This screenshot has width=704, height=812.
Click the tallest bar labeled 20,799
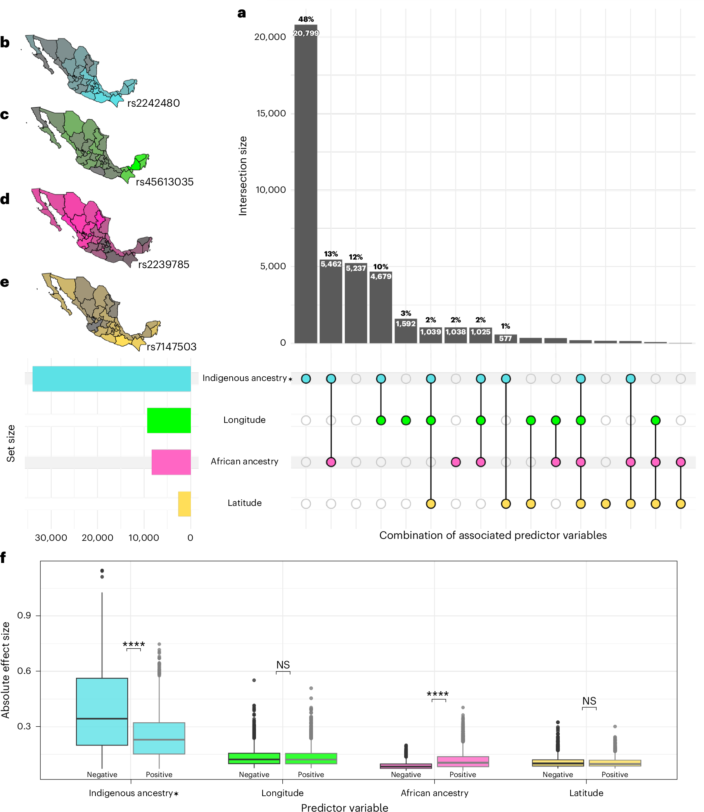pyautogui.click(x=306, y=185)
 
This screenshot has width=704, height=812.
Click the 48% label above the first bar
pyautogui.click(x=306, y=19)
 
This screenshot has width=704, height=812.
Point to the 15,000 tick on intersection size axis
pyautogui.click(x=271, y=114)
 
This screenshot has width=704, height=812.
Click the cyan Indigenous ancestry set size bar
pyautogui.click(x=112, y=379)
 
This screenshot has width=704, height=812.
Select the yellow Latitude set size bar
pyautogui.click(x=184, y=504)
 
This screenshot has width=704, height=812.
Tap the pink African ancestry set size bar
pyautogui.click(x=171, y=462)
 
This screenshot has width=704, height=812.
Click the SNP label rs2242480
pyautogui.click(x=154, y=103)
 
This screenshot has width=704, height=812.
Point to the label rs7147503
pyautogui.click(x=171, y=347)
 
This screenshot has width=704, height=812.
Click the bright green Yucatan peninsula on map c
pyautogui.click(x=140, y=161)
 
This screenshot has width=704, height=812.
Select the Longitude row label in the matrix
pyautogui.click(x=244, y=420)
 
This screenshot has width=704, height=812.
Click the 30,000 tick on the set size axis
pyautogui.click(x=51, y=538)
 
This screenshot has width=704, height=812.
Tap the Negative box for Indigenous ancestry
pyautogui.click(x=102, y=711)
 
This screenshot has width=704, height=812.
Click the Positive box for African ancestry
pyautogui.click(x=463, y=761)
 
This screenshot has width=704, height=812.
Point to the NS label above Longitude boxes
pyautogui.click(x=283, y=665)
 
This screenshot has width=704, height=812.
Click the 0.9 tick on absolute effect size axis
pyautogui.click(x=24, y=615)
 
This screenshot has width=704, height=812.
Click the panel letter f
pyautogui.click(x=3, y=557)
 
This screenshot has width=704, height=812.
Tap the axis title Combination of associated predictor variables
pyautogui.click(x=493, y=535)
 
